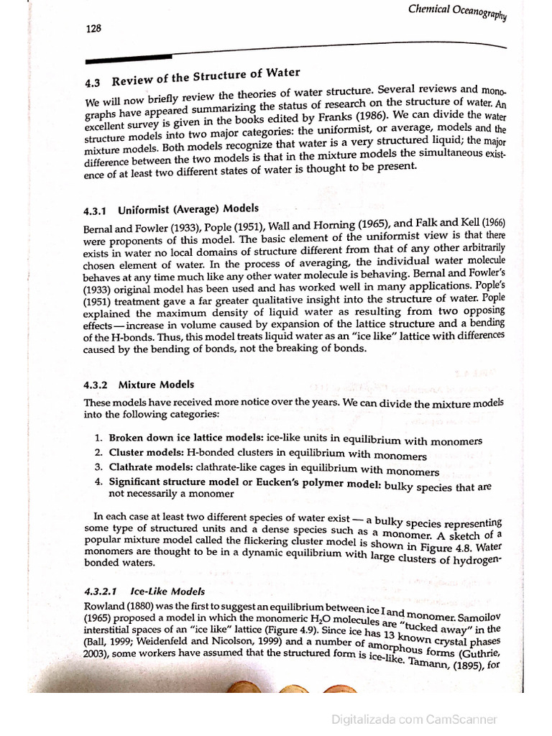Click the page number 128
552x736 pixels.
point(93,29)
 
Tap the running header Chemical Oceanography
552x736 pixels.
point(458,12)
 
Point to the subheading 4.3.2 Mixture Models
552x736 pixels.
point(139,385)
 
